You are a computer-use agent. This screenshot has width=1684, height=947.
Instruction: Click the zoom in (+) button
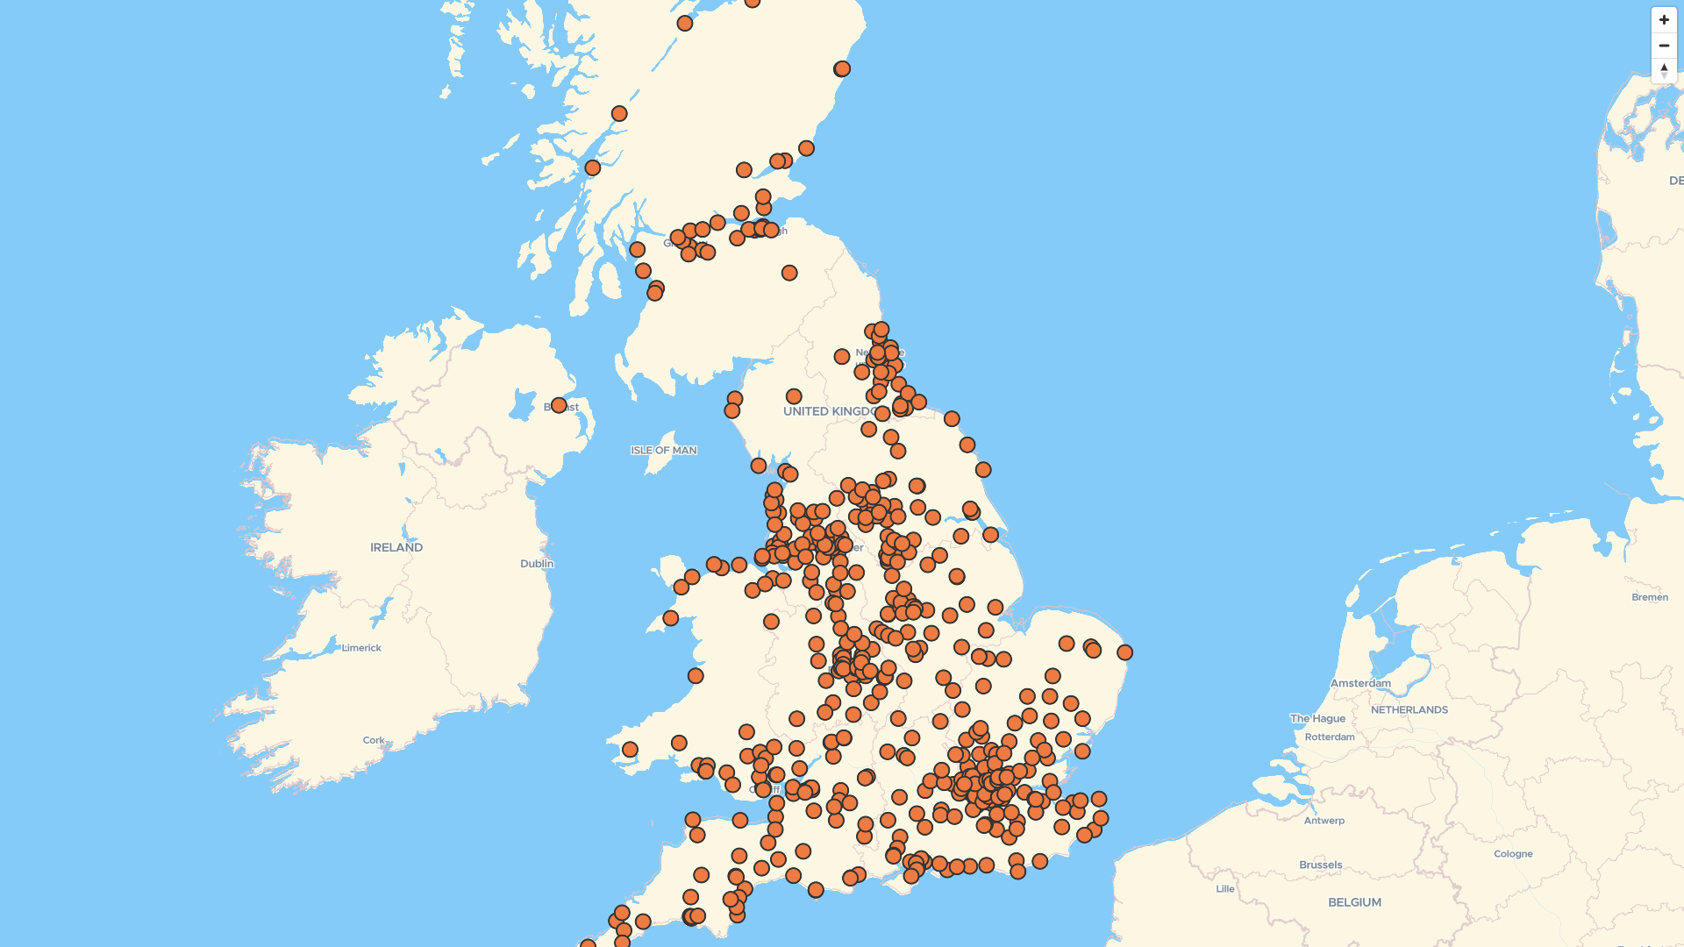point(1664,20)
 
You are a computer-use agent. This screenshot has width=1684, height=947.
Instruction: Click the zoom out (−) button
point(1664,46)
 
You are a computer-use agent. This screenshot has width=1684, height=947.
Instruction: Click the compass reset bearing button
point(1664,70)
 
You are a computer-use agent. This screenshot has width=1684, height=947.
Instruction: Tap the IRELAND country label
point(396,547)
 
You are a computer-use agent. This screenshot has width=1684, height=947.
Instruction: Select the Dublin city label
point(537,564)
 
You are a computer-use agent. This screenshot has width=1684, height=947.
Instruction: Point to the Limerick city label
point(361,648)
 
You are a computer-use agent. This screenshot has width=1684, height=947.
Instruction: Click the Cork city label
point(374,740)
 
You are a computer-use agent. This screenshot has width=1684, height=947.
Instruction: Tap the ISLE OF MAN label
point(664,451)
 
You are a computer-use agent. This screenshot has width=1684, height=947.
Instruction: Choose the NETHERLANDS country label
point(1409,709)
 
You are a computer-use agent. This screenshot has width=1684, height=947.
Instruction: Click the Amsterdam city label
point(1360,683)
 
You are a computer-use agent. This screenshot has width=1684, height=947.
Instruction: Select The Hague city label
point(1317,718)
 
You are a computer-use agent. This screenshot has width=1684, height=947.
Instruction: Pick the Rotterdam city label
point(1330,737)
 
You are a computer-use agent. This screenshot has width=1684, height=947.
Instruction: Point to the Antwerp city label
point(1324,821)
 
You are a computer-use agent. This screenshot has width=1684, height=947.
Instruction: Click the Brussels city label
point(1321,865)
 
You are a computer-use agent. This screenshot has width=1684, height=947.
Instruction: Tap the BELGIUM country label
point(1354,902)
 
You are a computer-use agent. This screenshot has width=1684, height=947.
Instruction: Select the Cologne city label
point(1513,853)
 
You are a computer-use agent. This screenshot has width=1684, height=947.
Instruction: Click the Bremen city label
point(1650,597)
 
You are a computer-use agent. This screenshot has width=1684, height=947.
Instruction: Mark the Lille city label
point(1225,888)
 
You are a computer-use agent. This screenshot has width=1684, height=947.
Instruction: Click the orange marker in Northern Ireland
point(559,405)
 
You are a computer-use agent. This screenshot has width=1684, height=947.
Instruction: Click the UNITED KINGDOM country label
point(824,411)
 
